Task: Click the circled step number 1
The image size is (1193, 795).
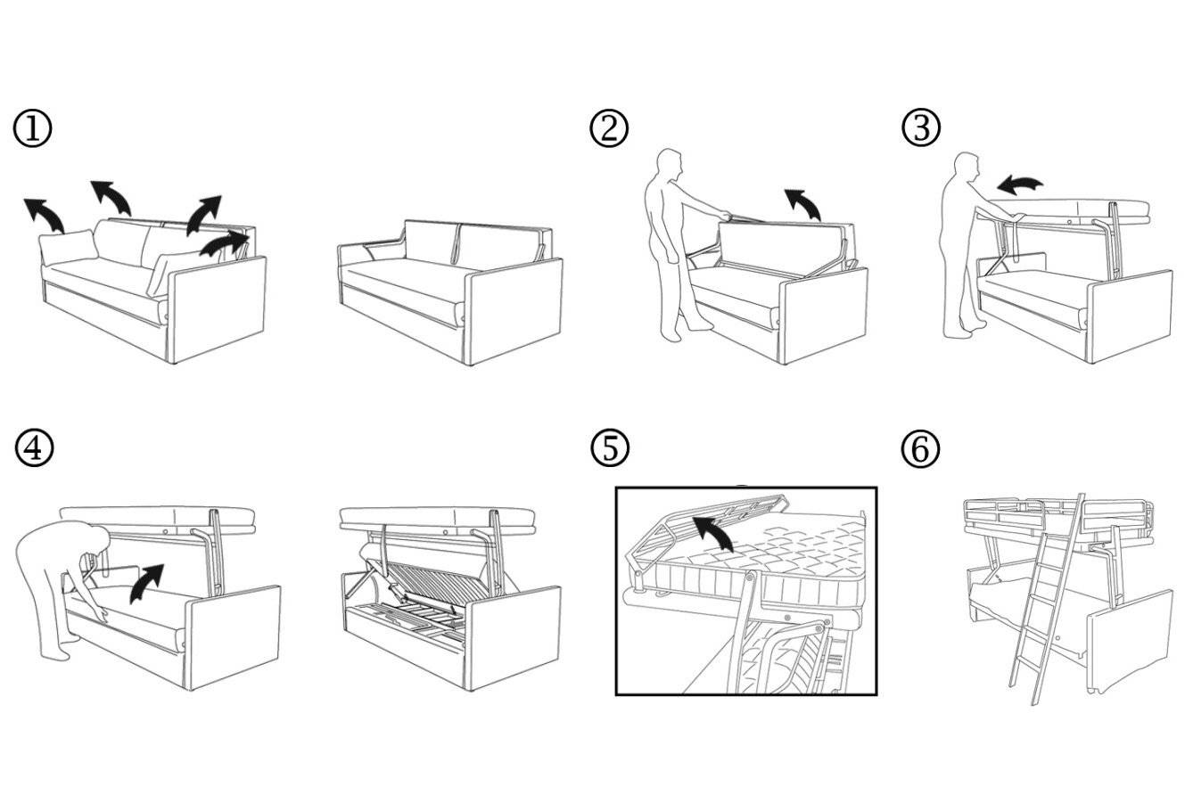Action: point(32,129)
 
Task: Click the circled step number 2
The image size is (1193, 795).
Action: point(609,129)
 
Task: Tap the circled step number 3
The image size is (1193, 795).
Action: point(921,129)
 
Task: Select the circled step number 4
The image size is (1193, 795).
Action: point(33,448)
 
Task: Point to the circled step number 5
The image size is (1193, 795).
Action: point(610,448)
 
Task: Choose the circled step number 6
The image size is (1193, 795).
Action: point(921,448)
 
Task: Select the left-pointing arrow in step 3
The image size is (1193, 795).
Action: point(1019,184)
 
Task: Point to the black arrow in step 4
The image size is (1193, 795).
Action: point(146,581)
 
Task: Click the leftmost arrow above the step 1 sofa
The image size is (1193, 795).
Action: point(44,214)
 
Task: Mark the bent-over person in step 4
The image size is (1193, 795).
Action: point(58,579)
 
